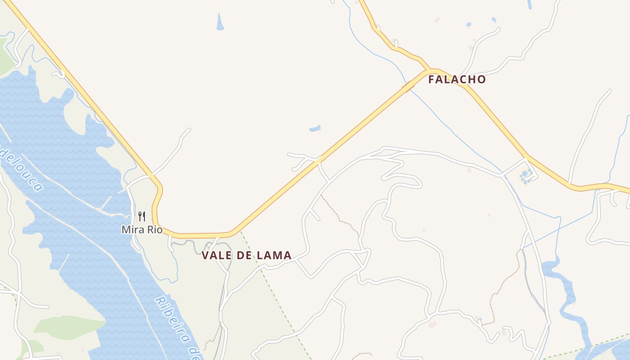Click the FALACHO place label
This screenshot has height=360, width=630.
[457, 80]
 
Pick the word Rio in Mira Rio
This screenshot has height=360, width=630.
[154, 229]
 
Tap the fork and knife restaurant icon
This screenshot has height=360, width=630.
[142, 216]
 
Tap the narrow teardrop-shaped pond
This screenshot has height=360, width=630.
[220, 22]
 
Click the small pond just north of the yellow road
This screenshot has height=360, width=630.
[315, 129]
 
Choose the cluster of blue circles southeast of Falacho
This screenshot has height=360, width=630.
[526, 175]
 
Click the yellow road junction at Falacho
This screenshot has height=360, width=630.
[432, 71]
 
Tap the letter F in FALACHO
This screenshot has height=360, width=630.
[431, 80]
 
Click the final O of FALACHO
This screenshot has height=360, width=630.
[481, 80]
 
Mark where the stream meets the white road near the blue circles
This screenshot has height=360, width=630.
[504, 174]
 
